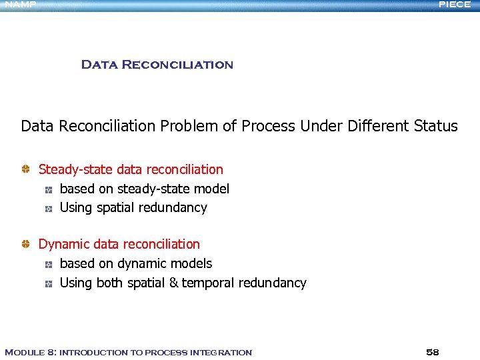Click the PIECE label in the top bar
[455, 5]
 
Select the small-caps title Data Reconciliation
[157, 65]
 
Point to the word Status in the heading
[436, 126]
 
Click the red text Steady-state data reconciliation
[131, 170]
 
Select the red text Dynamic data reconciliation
[119, 245]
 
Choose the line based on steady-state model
[144, 189]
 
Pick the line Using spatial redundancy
[133, 208]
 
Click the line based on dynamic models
[135, 264]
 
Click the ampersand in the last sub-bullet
[173, 283]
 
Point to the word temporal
[208, 283]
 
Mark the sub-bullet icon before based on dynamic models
[49, 265]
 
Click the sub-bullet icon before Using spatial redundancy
[49, 209]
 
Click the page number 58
[432, 352]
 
